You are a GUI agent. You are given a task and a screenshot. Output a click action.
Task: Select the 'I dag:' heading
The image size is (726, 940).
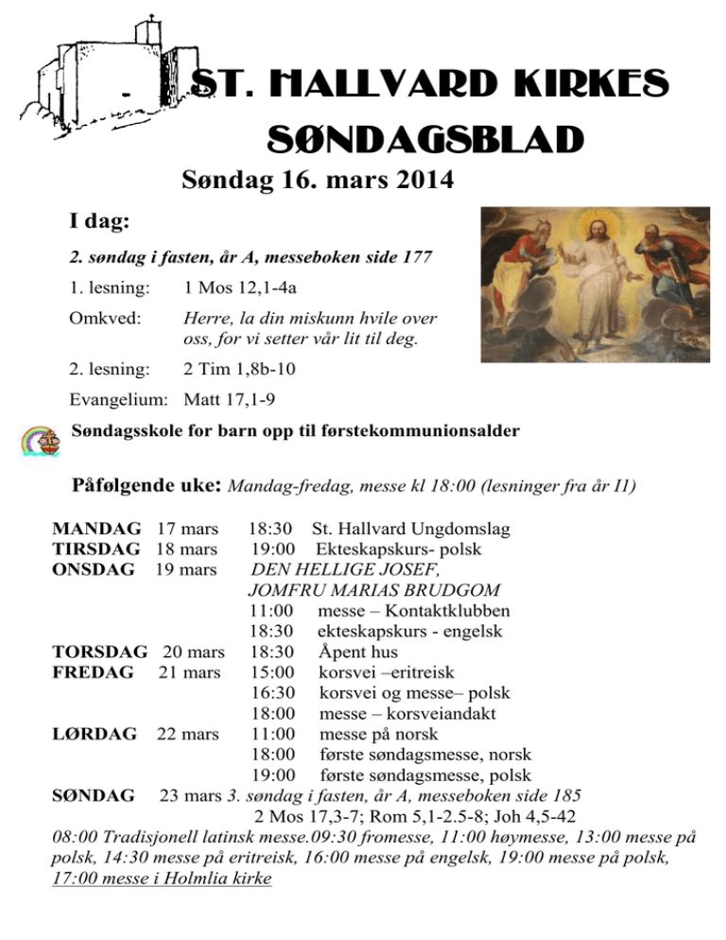click(x=99, y=222)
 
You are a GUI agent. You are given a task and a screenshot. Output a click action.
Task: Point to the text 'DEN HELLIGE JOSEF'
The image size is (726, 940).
click(x=344, y=570)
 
